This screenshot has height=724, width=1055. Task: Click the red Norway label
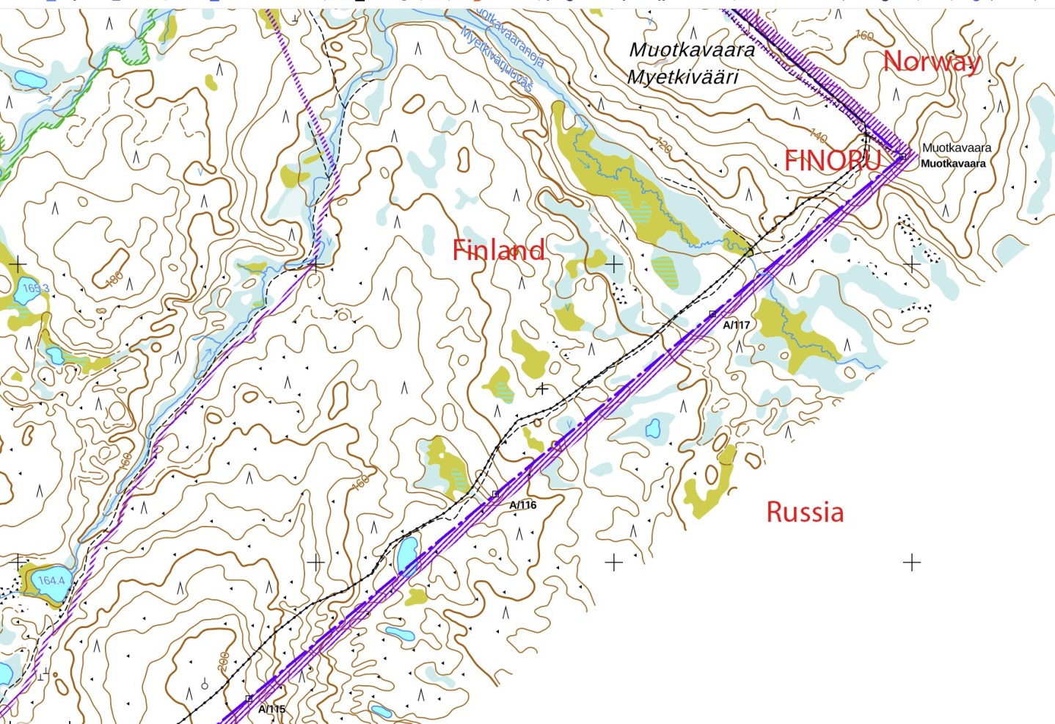coord(931,61)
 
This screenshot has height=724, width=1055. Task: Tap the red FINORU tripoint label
coord(832,160)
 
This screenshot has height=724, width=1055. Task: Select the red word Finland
coord(498,250)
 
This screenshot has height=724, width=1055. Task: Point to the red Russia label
coord(805,512)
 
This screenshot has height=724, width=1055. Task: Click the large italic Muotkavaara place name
coord(692,50)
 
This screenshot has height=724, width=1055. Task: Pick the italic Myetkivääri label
coord(682,76)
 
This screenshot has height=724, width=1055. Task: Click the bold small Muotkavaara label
coord(953,164)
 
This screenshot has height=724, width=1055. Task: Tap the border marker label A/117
coord(737,325)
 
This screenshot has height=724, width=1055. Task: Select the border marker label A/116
coord(523,505)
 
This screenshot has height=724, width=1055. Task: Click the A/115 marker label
coord(271,709)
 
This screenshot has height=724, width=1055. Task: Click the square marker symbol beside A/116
coord(495,494)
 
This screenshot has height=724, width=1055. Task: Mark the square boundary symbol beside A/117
coord(712,314)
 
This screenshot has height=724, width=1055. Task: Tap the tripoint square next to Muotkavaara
coord(903,156)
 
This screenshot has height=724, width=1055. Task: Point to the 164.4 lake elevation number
coord(51,581)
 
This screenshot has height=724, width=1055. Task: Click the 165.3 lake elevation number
coord(35,289)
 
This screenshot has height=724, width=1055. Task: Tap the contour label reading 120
coord(663,145)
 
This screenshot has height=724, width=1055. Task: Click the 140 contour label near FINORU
coord(819,136)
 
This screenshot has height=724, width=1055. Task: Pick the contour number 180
coord(114,280)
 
